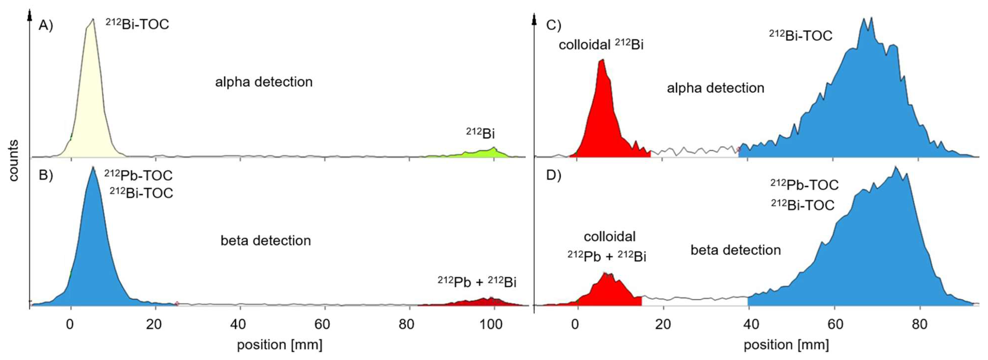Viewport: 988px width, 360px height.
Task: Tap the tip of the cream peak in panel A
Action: [92, 20]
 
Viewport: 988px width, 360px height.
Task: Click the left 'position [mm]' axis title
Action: [279, 345]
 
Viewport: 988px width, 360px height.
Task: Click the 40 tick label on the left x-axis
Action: [238, 325]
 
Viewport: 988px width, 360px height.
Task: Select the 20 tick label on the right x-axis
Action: [663, 325]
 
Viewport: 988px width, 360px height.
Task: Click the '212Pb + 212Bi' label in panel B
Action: [477, 282]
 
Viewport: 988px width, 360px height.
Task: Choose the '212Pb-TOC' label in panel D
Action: [804, 185]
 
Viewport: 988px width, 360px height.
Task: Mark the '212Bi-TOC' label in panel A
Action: [137, 25]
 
